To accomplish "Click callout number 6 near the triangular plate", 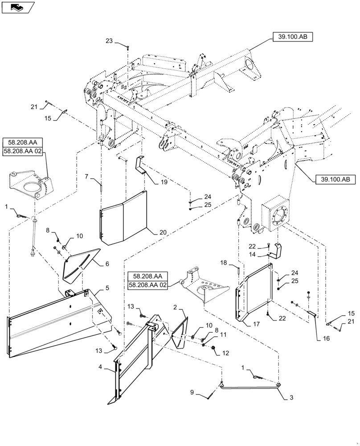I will point(106,264).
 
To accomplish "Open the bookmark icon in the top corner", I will point(17,7).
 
